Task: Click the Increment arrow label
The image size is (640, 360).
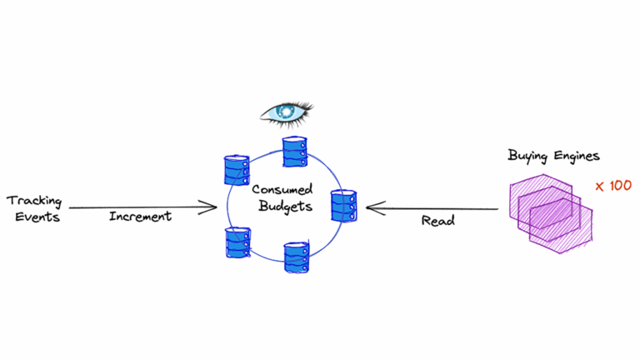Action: point(140,217)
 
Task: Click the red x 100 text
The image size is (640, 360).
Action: point(613,186)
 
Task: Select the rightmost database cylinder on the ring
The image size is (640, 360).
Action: point(343,206)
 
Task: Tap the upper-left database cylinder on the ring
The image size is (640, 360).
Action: point(237,171)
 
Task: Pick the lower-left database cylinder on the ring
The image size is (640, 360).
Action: point(237,242)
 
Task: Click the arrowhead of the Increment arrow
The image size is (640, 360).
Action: point(212,207)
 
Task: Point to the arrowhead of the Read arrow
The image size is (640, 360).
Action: point(371,208)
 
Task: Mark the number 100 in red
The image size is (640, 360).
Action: point(620,186)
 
